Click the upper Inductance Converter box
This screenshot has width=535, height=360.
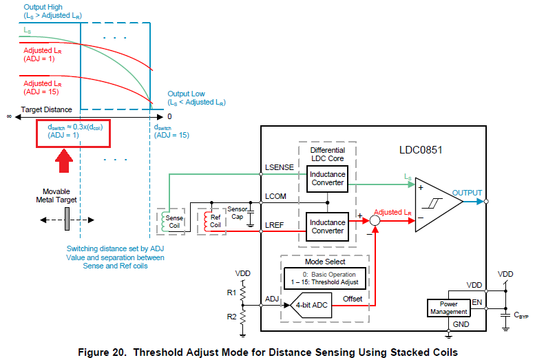point(327,179)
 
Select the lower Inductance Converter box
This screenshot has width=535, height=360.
point(327,227)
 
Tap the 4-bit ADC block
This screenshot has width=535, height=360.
point(311,305)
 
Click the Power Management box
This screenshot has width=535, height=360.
point(449,308)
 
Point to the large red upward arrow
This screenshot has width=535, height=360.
point(64,160)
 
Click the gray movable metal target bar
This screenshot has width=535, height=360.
point(67,219)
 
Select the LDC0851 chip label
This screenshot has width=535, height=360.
point(421,150)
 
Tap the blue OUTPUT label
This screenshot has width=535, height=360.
point(467,193)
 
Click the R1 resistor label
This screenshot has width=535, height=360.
point(231,293)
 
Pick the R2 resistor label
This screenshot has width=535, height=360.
point(231,317)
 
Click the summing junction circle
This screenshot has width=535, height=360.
point(375,221)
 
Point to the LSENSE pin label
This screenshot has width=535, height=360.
point(280,167)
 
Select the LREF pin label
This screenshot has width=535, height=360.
point(274,225)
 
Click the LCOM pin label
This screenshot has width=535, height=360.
point(275,196)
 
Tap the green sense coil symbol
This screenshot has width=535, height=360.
point(163,221)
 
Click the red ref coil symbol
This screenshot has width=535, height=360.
point(206,221)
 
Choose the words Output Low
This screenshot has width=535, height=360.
point(186,94)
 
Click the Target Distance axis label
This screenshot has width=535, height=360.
point(46,109)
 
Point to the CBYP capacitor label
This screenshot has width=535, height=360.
point(521,315)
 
